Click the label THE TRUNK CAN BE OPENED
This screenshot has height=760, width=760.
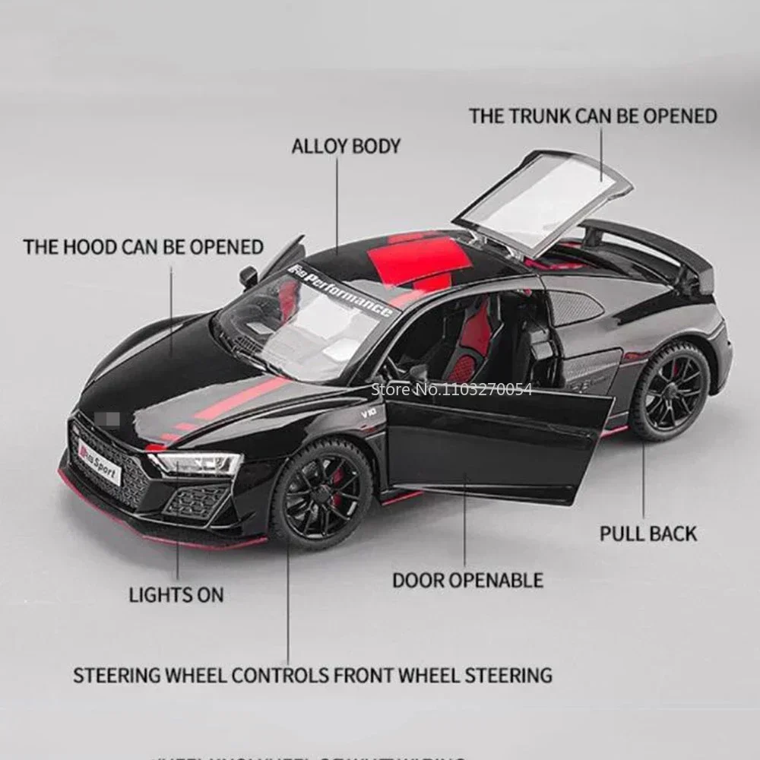click(x=593, y=116)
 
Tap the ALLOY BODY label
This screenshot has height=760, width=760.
click(x=346, y=146)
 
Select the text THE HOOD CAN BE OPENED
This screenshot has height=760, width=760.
click(x=144, y=246)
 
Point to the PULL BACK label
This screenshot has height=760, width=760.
click(x=648, y=533)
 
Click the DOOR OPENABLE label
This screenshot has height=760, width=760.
click(x=467, y=580)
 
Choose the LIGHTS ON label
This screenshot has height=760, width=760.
click(x=176, y=594)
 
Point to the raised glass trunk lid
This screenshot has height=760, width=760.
click(x=543, y=200)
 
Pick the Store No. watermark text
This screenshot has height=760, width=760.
click(x=451, y=390)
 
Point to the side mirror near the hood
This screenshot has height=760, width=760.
click(x=249, y=277)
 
